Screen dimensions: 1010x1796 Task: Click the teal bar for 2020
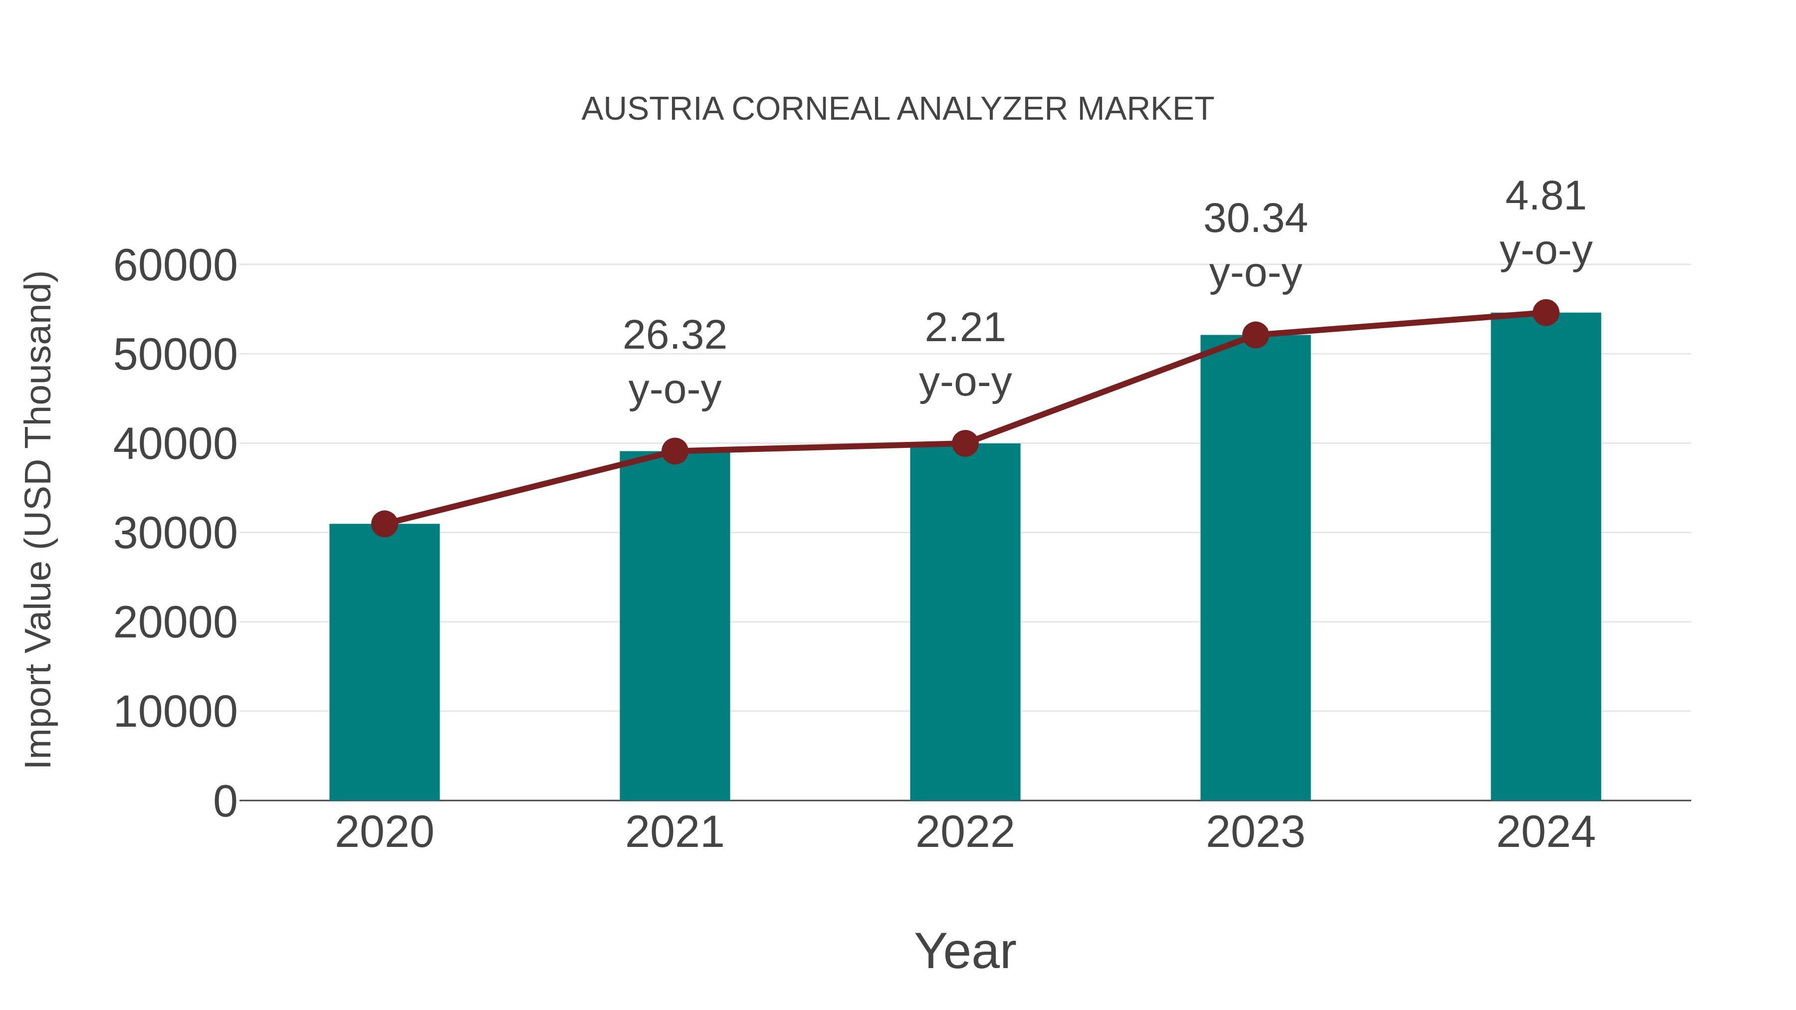point(384,662)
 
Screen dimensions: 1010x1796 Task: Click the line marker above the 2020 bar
point(384,524)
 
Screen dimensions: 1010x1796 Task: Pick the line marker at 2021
point(674,451)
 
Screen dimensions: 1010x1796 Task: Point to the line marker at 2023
point(1255,335)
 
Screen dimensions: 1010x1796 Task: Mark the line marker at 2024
point(1546,313)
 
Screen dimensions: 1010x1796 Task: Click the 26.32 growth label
point(674,336)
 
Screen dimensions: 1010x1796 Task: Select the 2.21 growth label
point(965,328)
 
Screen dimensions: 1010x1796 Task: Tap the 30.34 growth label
point(1255,219)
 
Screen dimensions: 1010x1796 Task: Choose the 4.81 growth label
point(1546,197)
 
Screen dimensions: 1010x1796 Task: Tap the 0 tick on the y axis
point(224,802)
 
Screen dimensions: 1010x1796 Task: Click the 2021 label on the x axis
point(674,832)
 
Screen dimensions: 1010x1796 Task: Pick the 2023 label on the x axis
point(1255,832)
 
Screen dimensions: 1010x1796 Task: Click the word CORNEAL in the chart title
point(810,109)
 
